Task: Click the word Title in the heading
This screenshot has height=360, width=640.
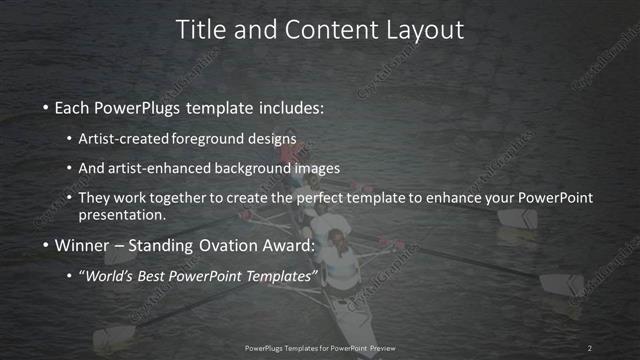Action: (x=200, y=30)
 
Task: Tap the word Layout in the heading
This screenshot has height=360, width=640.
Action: (x=424, y=30)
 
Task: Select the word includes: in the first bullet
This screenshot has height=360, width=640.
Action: (x=289, y=107)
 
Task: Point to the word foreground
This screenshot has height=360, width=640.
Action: (x=219, y=139)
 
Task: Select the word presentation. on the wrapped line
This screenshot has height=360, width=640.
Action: (x=122, y=215)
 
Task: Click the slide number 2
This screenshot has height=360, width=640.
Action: (x=590, y=348)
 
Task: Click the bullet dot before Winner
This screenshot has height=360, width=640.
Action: (x=45, y=246)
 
